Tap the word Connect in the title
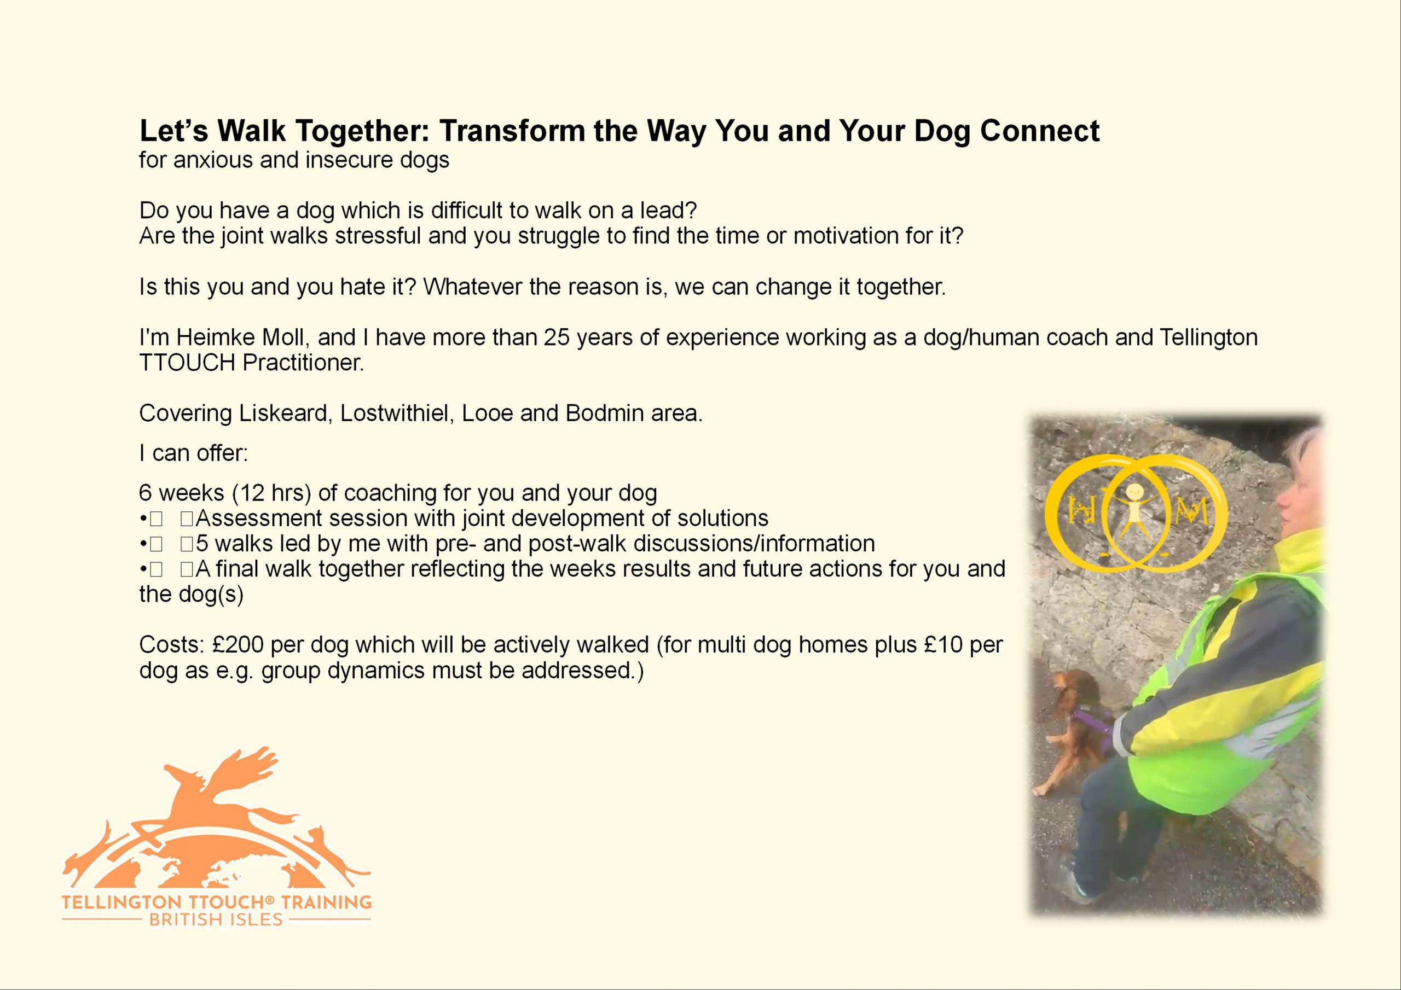pos(1040,131)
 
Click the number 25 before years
pos(557,337)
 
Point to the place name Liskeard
pos(286,413)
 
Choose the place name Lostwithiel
pos(397,413)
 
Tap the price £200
pos(238,645)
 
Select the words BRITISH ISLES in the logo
pos(216,919)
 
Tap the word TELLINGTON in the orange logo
pos(121,902)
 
